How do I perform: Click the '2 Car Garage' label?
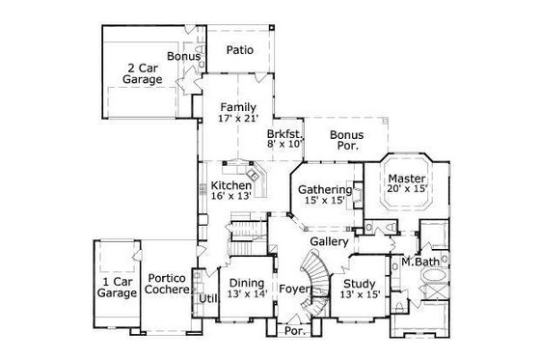(142, 75)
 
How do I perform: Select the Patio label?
(240, 50)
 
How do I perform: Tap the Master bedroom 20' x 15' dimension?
(406, 190)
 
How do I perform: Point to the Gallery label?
(329, 241)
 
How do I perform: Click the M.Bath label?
(420, 263)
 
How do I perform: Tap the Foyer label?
(293, 289)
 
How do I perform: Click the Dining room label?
(245, 283)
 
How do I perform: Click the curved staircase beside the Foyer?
(316, 274)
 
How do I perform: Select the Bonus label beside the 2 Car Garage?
(183, 57)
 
